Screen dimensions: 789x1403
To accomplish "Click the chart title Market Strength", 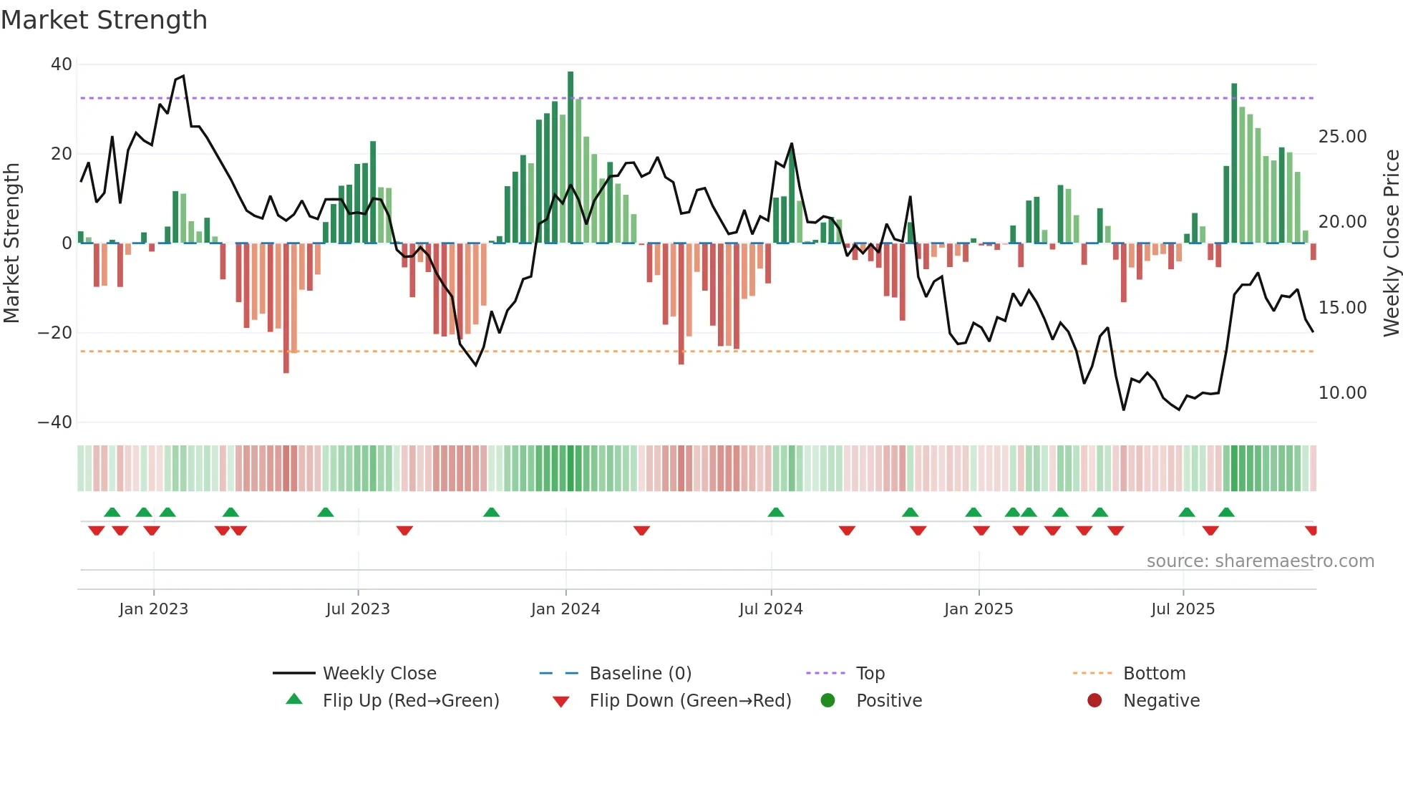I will pyautogui.click(x=104, y=20).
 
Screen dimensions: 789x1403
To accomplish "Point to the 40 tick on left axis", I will pyautogui.click(x=62, y=64).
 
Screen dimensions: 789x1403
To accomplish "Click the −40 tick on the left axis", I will pyautogui.click(x=55, y=422).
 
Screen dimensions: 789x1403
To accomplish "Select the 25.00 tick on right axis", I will pyautogui.click(x=1342, y=137).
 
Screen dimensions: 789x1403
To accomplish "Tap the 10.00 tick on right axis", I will pyautogui.click(x=1342, y=393).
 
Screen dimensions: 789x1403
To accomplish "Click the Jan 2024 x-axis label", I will pyautogui.click(x=565, y=609).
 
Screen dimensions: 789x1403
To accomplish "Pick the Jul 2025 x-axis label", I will pyautogui.click(x=1183, y=609).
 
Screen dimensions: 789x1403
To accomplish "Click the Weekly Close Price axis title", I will pyautogui.click(x=1391, y=243).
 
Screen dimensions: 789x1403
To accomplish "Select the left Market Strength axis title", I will pyautogui.click(x=11, y=243).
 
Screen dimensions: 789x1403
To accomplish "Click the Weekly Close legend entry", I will pyautogui.click(x=379, y=674).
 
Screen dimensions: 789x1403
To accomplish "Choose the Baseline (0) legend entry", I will pyautogui.click(x=640, y=674).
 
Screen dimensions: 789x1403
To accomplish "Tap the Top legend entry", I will pyautogui.click(x=870, y=674).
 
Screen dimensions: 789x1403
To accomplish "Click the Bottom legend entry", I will pyautogui.click(x=1154, y=674).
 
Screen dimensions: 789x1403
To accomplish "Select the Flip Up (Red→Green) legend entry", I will pyautogui.click(x=410, y=701).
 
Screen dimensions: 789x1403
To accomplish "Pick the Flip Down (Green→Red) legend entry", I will pyautogui.click(x=690, y=701).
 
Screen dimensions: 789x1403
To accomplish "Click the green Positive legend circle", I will pyautogui.click(x=828, y=700).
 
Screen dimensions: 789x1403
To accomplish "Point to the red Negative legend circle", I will pyautogui.click(x=1094, y=700).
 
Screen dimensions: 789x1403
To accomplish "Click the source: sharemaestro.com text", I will pyautogui.click(x=1260, y=561).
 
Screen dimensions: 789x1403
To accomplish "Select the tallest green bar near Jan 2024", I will pyautogui.click(x=571, y=158).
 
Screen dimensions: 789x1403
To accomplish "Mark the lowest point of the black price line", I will pyautogui.click(x=1124, y=410).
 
